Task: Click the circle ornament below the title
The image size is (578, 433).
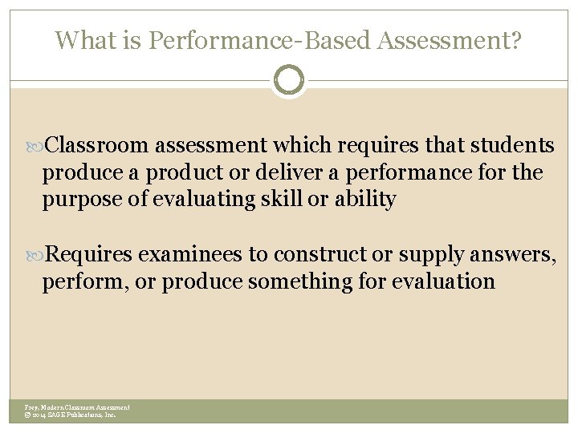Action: [x=289, y=80]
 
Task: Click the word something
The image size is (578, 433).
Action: [x=291, y=282]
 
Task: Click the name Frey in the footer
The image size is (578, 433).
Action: [x=31, y=408]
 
